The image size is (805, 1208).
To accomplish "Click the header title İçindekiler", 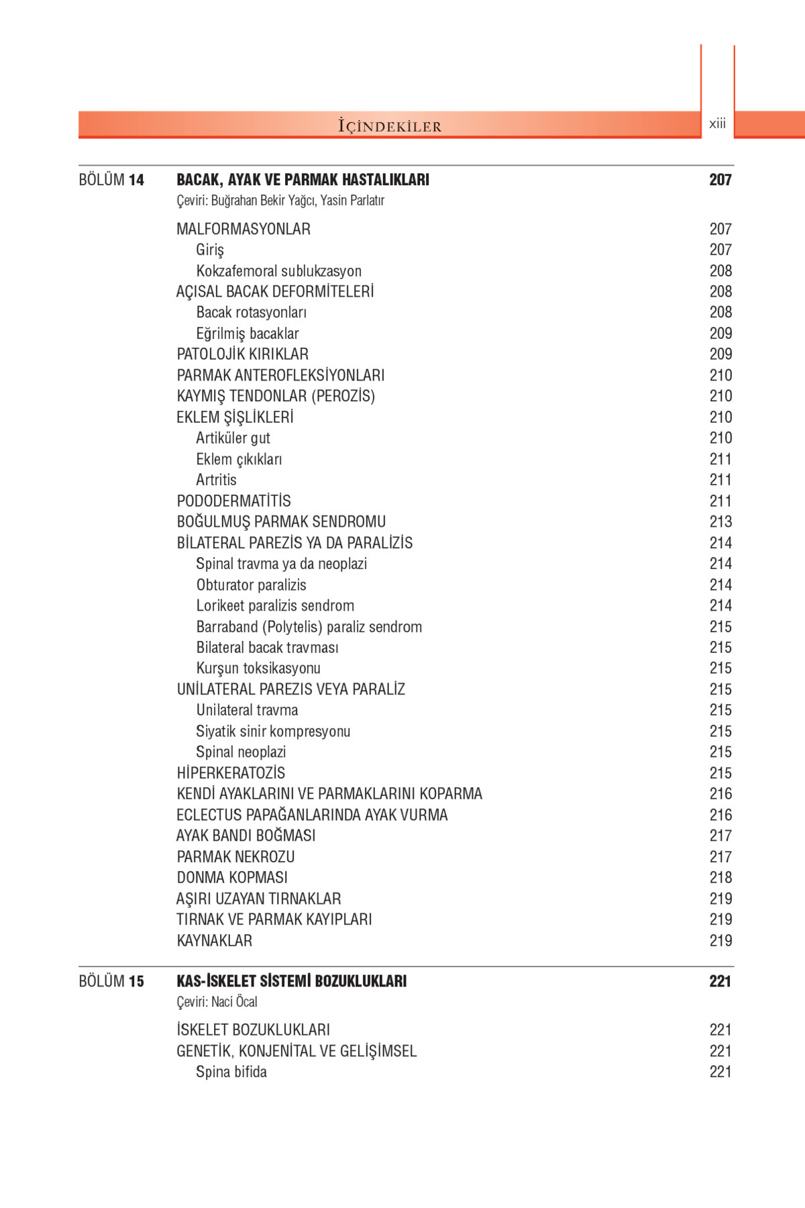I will [x=390, y=126].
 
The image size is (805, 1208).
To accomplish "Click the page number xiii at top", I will [x=717, y=123].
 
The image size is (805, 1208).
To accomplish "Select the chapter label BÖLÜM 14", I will [x=111, y=180].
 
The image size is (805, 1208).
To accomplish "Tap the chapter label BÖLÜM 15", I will [x=111, y=981].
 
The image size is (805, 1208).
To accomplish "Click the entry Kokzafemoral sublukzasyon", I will [x=278, y=271].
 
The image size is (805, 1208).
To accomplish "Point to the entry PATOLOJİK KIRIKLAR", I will [x=242, y=354].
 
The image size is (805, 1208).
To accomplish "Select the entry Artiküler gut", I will [x=233, y=438].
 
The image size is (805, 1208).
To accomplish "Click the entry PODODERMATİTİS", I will [x=233, y=501].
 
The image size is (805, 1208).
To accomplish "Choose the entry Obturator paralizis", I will [x=251, y=585].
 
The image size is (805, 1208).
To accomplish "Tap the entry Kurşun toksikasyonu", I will [x=258, y=668].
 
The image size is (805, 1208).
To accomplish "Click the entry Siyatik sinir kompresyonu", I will [x=273, y=732].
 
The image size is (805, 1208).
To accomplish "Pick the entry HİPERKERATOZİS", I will [x=231, y=773].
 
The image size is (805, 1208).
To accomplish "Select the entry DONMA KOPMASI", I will [x=232, y=878].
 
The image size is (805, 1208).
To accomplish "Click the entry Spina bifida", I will [x=231, y=1072].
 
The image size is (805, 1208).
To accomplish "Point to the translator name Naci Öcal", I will [x=234, y=1002].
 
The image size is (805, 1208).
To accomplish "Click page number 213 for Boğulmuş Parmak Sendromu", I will [x=720, y=522].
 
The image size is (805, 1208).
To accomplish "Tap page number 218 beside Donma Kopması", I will [x=720, y=878].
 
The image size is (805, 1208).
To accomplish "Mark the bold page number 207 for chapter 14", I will [x=720, y=180].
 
